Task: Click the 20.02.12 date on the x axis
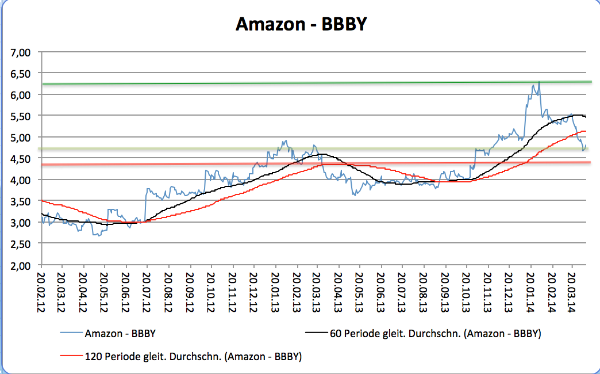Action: point(42,291)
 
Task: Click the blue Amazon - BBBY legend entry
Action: point(120,333)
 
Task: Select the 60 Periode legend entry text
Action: point(435,333)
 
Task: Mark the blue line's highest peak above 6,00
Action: point(539,82)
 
